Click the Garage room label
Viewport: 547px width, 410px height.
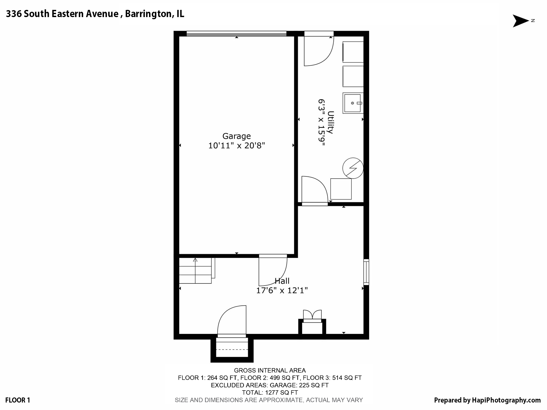(236, 136)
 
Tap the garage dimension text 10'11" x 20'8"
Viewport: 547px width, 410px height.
(236, 146)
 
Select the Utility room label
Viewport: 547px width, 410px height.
(331, 122)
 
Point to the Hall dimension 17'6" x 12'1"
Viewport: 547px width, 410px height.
(282, 290)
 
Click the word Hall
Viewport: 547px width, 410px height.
(282, 281)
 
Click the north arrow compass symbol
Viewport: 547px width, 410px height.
(521, 21)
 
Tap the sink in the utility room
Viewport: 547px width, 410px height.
(353, 103)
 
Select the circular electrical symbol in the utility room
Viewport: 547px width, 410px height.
(353, 168)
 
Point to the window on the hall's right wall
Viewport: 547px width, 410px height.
(366, 272)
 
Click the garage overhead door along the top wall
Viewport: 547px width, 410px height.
(236, 34)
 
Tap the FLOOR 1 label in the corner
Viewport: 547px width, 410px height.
(18, 400)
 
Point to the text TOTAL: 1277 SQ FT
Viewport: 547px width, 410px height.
(270, 393)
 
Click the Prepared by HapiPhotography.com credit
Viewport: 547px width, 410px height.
(487, 400)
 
